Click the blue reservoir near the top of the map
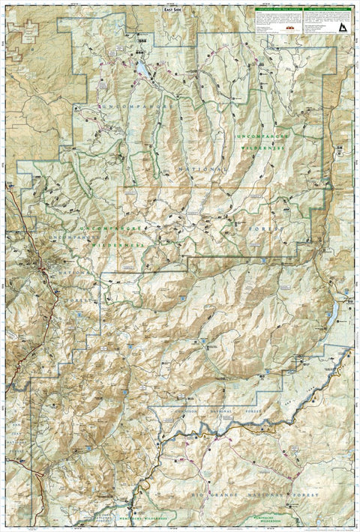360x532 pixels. (x=141, y=72)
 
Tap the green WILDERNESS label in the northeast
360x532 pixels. (x=264, y=147)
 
